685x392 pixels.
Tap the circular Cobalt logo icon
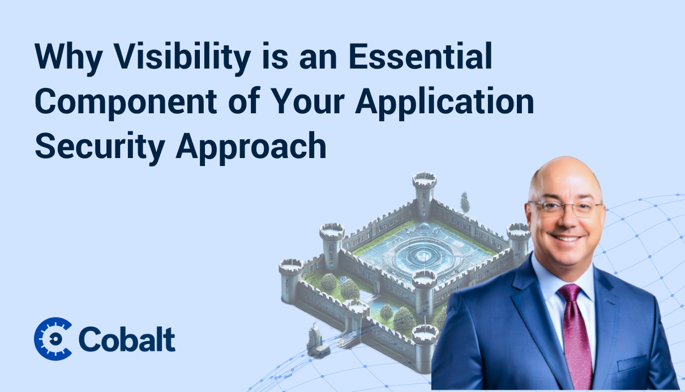[x=53, y=338]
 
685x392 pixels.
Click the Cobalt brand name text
[x=127, y=339]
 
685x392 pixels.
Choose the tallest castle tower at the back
[x=424, y=193]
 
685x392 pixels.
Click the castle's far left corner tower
[x=291, y=280]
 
